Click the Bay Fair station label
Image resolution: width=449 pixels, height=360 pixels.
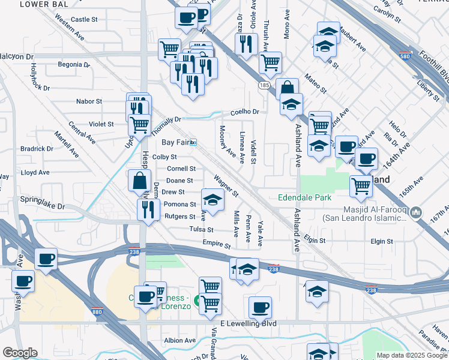[175, 142]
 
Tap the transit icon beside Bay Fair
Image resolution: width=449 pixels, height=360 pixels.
[194, 142]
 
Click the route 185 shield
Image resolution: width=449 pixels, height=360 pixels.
[264, 86]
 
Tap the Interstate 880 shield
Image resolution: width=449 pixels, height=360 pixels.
[98, 311]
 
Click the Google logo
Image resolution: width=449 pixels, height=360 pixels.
[20, 353]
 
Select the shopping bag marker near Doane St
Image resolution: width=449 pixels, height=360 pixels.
[139, 180]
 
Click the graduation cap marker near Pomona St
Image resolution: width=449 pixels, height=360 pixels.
[212, 199]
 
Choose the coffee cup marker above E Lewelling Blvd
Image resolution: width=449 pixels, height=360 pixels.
[260, 307]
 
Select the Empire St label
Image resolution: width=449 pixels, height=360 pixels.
[216, 245]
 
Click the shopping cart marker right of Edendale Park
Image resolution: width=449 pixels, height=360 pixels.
[361, 186]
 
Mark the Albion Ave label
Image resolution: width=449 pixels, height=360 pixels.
[180, 340]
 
